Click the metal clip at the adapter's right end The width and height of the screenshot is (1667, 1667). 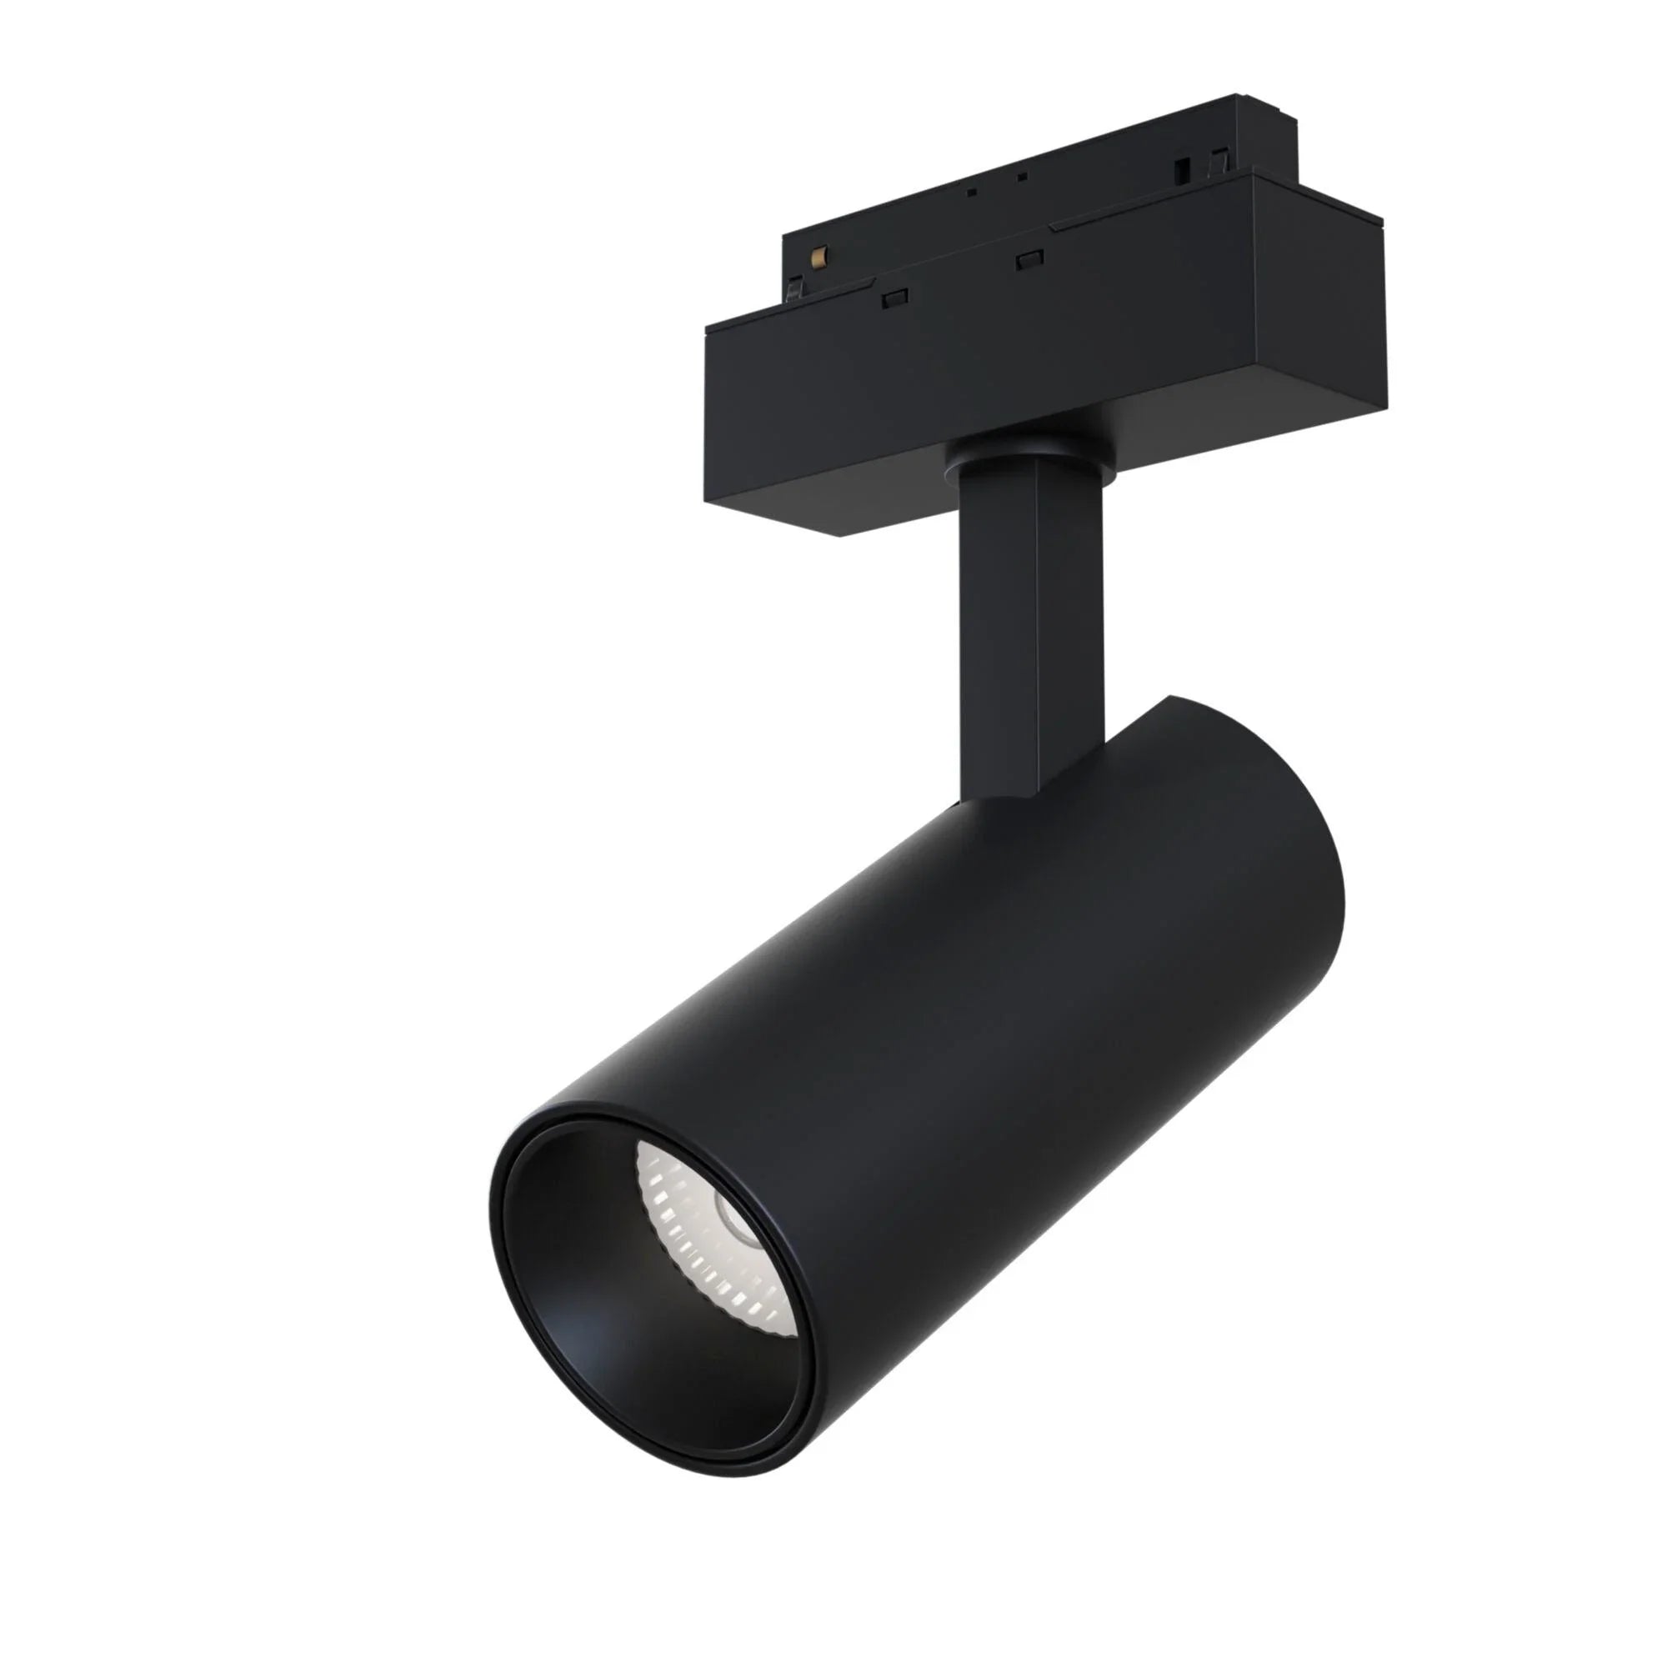tap(1221, 163)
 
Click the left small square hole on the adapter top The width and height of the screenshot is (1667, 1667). tap(973, 193)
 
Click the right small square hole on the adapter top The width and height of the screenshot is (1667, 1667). tap(1023, 178)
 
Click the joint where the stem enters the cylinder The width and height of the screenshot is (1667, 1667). tap(1009, 798)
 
